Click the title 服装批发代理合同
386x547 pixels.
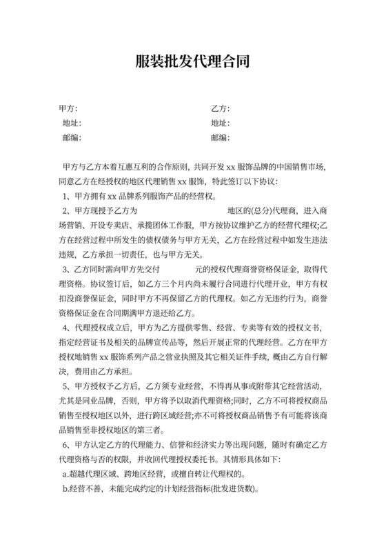pyautogui.click(x=192, y=63)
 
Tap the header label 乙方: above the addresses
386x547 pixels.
pyautogui.click(x=220, y=109)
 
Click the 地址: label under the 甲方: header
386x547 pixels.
pyautogui.click(x=72, y=123)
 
